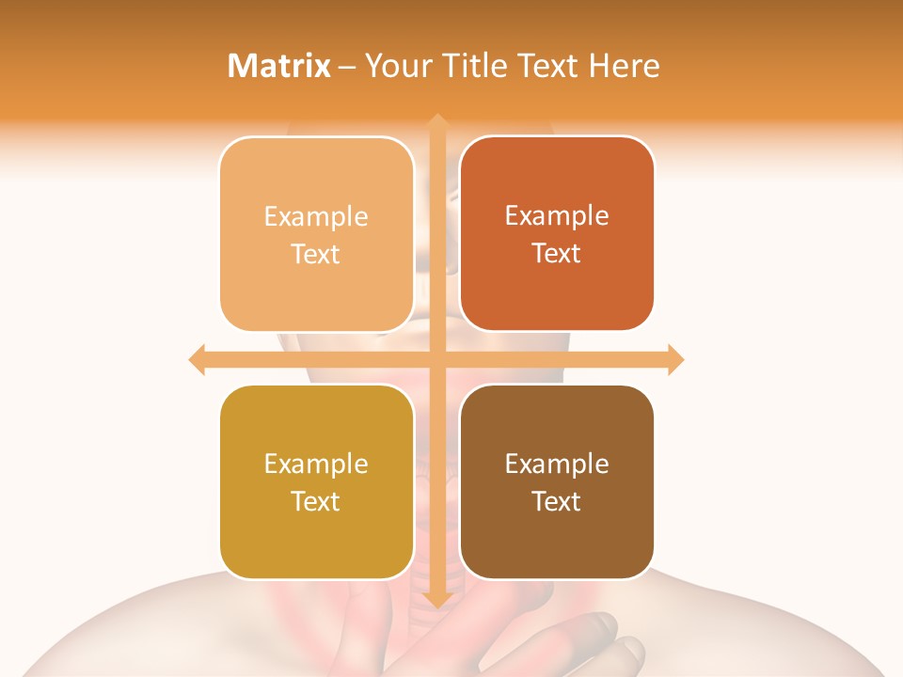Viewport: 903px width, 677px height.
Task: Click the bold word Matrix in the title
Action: coord(279,66)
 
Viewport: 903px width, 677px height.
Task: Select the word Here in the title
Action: coord(625,66)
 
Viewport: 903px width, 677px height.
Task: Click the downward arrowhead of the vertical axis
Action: coord(436,599)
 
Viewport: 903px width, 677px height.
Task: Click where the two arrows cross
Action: coord(436,359)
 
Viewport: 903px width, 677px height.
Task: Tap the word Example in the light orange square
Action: coord(316,216)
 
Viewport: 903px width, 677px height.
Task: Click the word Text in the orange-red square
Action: coord(557,253)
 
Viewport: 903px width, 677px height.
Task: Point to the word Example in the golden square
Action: coord(316,464)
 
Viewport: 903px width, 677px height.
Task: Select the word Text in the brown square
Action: coord(557,501)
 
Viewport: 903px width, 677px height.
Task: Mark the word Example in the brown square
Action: coord(557,464)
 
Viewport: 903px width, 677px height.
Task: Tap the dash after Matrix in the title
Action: coord(347,67)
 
